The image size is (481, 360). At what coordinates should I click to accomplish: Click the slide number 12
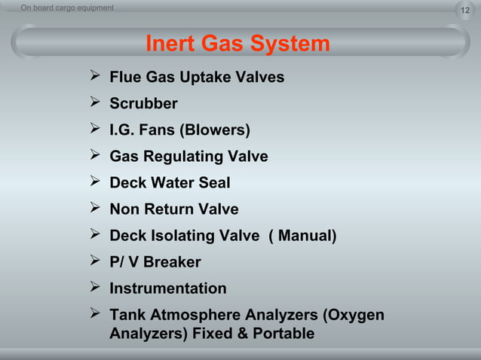coord(465,8)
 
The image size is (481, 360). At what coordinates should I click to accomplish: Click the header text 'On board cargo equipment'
coord(67,8)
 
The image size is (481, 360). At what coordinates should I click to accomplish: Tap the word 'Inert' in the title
coord(170,44)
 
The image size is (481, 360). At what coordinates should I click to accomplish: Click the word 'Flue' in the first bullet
coord(125,78)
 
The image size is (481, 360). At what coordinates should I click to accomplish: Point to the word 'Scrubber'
coord(143,104)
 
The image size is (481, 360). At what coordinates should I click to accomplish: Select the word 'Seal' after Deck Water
coord(214,183)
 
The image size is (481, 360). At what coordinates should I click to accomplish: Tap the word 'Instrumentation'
coord(167,288)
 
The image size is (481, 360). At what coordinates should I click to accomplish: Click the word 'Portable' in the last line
coord(282,333)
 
